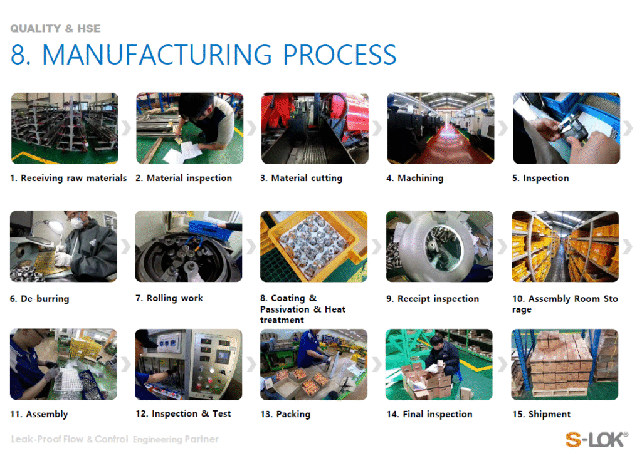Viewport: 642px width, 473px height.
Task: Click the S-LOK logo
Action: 596,439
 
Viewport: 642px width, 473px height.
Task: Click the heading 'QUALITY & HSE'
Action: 55,29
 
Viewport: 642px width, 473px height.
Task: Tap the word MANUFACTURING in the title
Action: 157,55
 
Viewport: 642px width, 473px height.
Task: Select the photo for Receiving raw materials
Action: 65,128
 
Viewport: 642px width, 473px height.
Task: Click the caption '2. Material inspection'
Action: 184,178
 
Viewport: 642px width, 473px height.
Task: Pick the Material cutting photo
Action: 315,128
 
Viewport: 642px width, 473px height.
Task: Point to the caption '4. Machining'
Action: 415,178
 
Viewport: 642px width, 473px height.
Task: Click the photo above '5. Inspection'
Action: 566,128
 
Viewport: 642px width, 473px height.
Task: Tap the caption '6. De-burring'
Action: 39,299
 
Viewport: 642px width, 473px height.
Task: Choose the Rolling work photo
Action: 189,246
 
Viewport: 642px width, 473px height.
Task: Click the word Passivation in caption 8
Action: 285,309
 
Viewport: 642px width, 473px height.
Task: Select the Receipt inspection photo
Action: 439,246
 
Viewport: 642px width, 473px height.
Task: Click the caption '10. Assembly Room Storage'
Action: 565,304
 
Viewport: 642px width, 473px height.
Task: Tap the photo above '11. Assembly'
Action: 63,364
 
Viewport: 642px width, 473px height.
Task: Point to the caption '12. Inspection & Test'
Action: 184,414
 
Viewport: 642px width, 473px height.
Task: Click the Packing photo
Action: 313,364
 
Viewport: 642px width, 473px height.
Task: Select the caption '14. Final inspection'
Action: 429,415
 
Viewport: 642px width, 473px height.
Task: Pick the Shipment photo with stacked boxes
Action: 565,364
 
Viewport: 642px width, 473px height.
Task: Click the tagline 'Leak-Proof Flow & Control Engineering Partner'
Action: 115,439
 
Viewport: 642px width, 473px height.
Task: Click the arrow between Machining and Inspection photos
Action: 503,128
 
